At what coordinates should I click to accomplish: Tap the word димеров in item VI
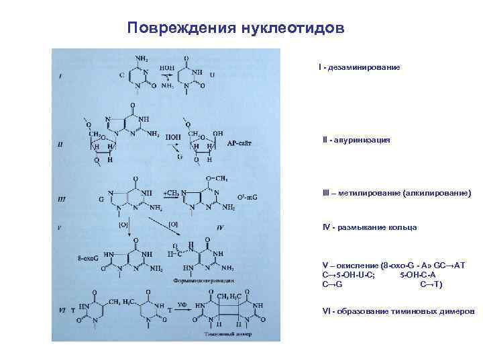[x=455, y=311]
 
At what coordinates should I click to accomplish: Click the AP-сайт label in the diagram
[x=240, y=143]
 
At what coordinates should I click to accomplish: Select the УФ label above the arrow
[x=181, y=305]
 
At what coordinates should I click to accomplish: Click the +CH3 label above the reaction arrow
[x=172, y=192]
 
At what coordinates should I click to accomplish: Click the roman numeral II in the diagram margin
[x=61, y=143]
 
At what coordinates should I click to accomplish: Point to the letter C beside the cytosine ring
[x=121, y=75]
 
